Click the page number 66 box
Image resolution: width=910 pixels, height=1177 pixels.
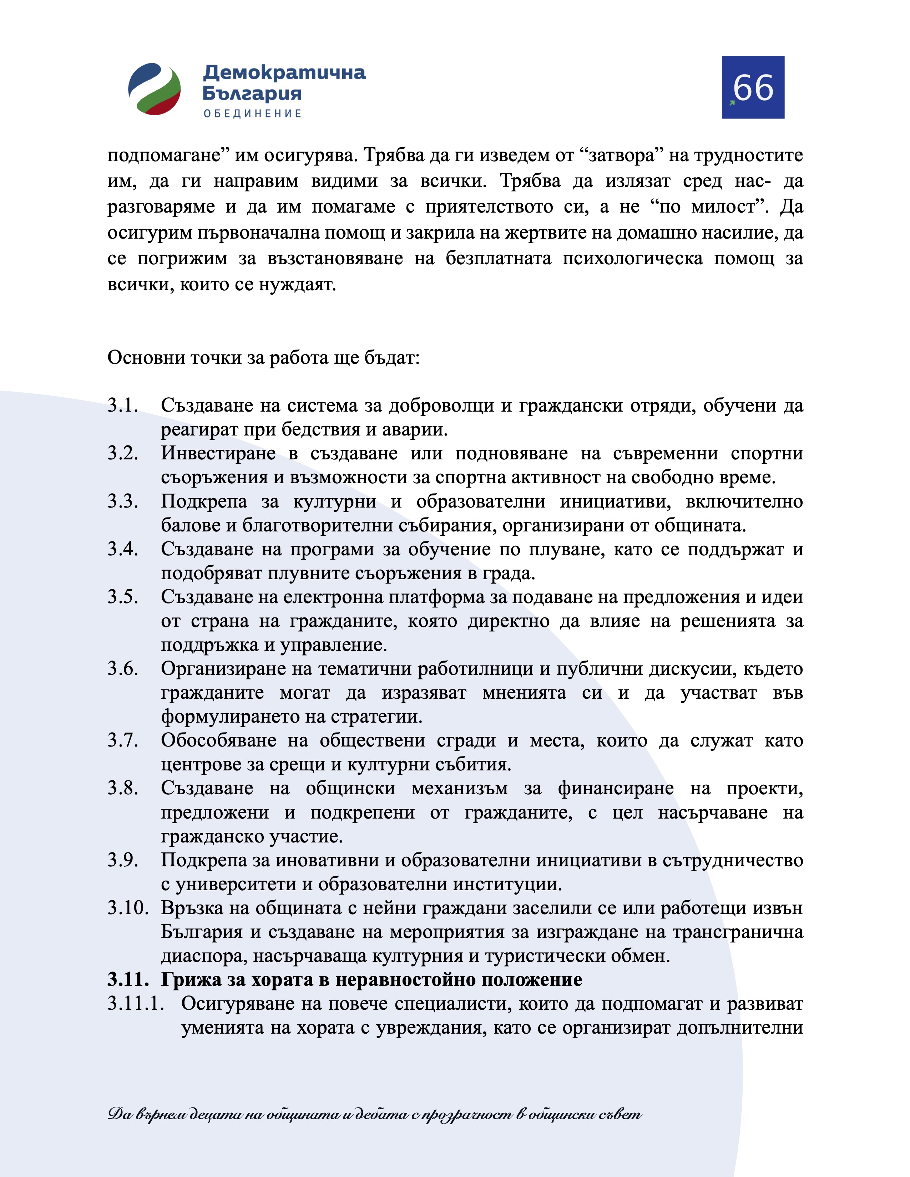pyautogui.click(x=753, y=87)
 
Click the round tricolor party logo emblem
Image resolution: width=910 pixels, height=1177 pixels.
pyautogui.click(x=154, y=89)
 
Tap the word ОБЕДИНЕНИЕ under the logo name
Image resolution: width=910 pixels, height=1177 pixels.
pyautogui.click(x=252, y=114)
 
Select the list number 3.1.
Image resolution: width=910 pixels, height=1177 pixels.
pyautogui.click(x=123, y=405)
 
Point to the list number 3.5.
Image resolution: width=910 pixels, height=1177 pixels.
pyautogui.click(x=123, y=597)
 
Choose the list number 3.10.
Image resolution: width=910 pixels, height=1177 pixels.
pyautogui.click(x=128, y=908)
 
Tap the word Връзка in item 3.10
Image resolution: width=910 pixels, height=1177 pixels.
pyautogui.click(x=191, y=908)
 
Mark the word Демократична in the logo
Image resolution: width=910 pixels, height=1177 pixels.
pyautogui.click(x=284, y=72)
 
